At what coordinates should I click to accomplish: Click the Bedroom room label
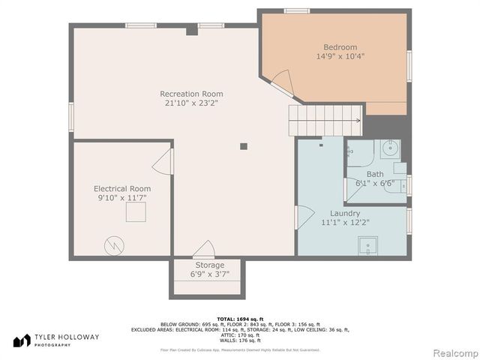coord(340,46)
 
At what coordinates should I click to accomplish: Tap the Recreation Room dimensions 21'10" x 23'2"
coord(191,103)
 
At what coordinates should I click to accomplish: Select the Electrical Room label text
coord(121,188)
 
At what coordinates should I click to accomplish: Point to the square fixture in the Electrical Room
coord(136,212)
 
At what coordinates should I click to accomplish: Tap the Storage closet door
coord(204,250)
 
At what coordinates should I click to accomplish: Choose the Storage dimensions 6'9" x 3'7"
coord(209,274)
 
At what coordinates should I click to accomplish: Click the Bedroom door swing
coord(280,81)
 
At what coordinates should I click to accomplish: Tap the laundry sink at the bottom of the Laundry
coord(368,246)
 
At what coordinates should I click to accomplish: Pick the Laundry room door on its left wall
coord(304,217)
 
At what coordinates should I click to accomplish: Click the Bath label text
coord(374,174)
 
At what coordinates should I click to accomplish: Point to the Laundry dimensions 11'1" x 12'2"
coord(344,222)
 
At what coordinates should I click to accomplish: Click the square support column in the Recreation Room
coord(244,146)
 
